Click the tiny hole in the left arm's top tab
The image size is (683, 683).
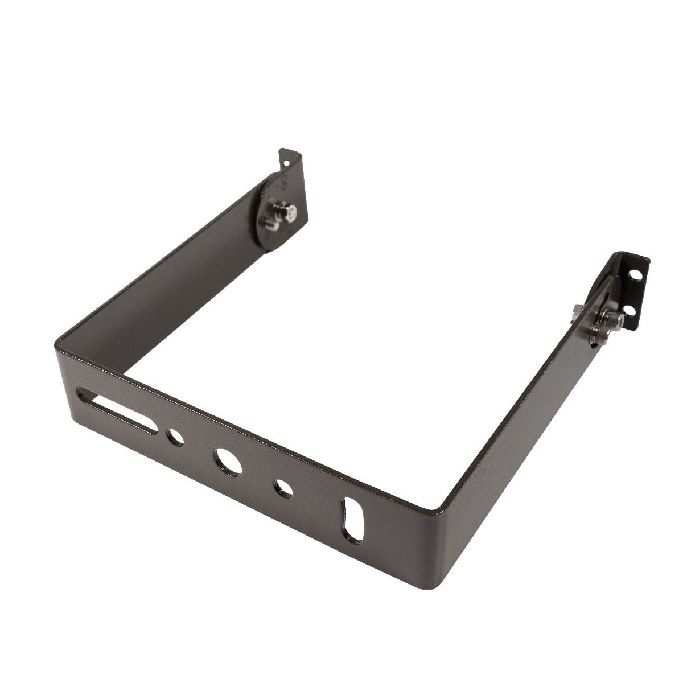tap(286, 163)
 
